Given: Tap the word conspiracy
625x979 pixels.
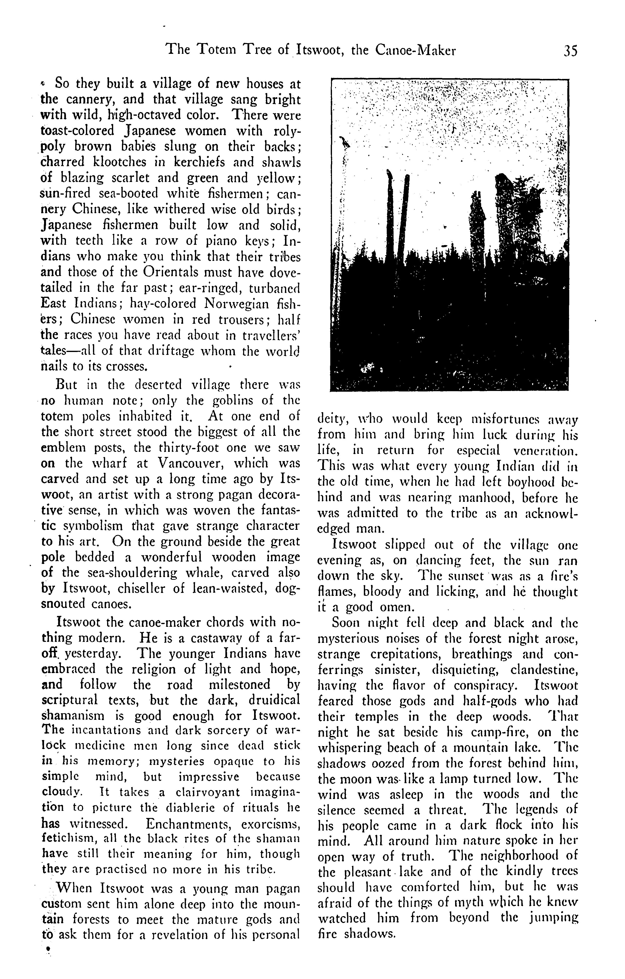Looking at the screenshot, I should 486,686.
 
